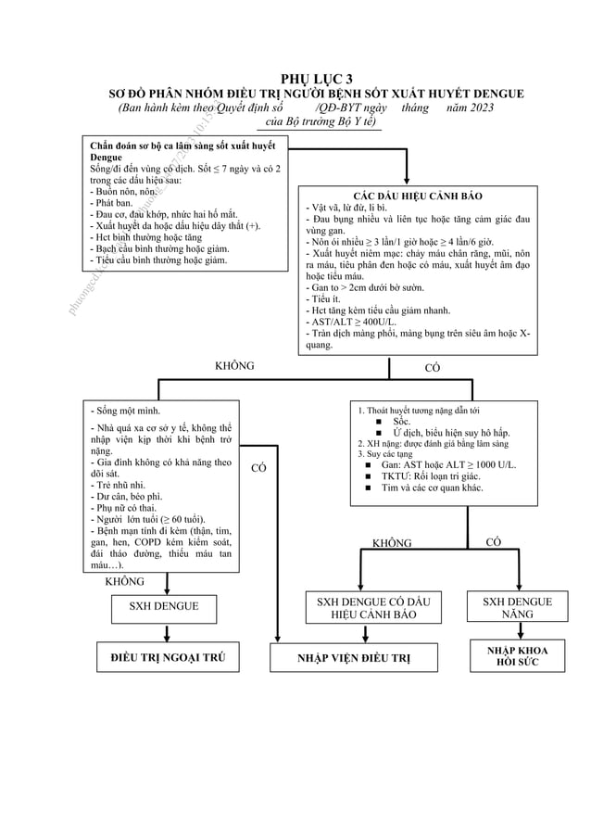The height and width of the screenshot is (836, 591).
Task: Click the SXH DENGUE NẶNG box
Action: pyautogui.click(x=517, y=608)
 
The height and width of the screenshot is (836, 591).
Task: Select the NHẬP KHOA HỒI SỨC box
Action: pyautogui.click(x=517, y=657)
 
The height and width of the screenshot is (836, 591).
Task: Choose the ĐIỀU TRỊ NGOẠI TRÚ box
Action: pyautogui.click(x=167, y=658)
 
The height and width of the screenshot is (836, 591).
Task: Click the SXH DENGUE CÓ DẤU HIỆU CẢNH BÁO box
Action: pyautogui.click(x=367, y=609)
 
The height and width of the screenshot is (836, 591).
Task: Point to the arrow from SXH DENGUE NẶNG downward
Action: pyautogui.click(x=516, y=632)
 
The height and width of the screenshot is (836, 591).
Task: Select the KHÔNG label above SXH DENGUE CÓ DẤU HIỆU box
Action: pyautogui.click(x=392, y=543)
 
